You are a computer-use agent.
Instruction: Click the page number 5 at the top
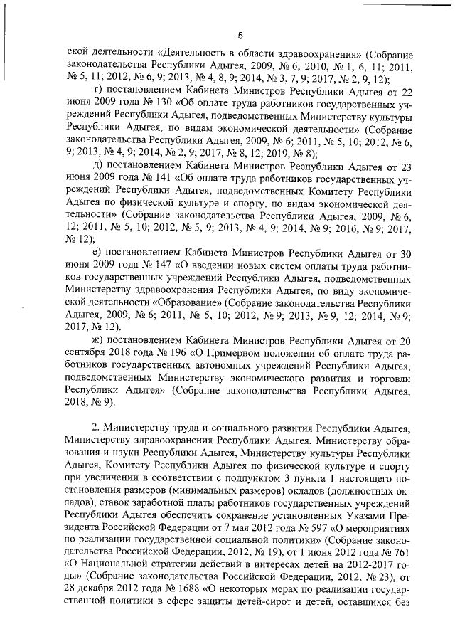point(240,36)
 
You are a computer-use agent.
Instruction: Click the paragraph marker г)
point(99,92)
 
